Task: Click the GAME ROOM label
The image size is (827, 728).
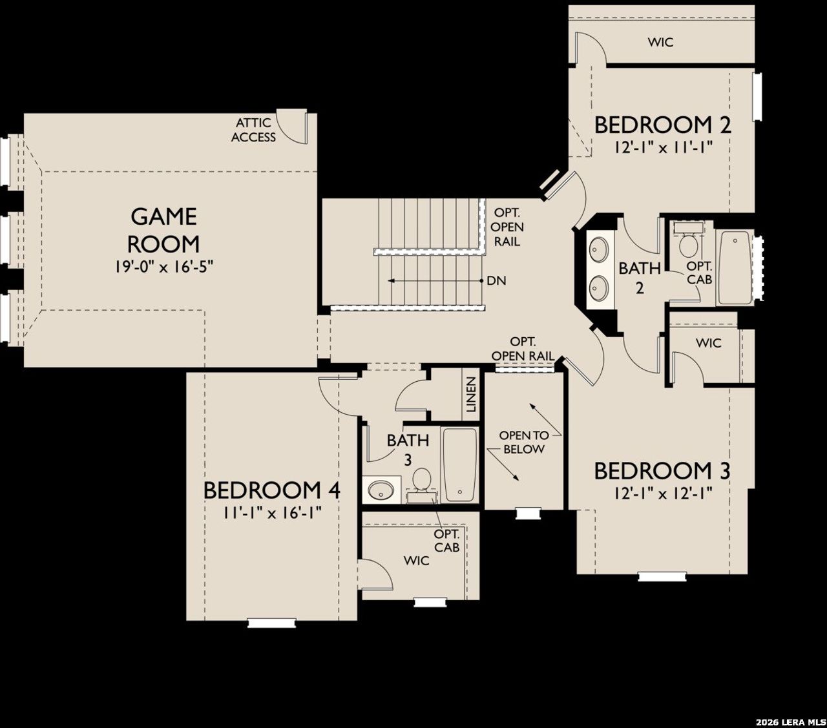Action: (163, 230)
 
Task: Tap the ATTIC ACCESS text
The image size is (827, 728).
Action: (254, 130)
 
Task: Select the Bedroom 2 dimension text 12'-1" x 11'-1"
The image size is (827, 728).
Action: (663, 147)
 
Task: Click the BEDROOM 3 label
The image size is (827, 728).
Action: (662, 472)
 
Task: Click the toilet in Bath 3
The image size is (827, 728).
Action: (422, 481)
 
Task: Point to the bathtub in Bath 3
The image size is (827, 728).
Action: (461, 464)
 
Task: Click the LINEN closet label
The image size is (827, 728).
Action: (471, 395)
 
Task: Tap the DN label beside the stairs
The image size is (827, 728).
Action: (496, 281)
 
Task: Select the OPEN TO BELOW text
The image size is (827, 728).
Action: (523, 442)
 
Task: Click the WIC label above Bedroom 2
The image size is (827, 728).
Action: (660, 43)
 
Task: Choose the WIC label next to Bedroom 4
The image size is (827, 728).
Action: (416, 560)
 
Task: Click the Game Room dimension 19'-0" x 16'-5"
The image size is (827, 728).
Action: (163, 267)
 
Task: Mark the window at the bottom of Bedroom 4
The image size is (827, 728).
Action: (271, 622)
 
